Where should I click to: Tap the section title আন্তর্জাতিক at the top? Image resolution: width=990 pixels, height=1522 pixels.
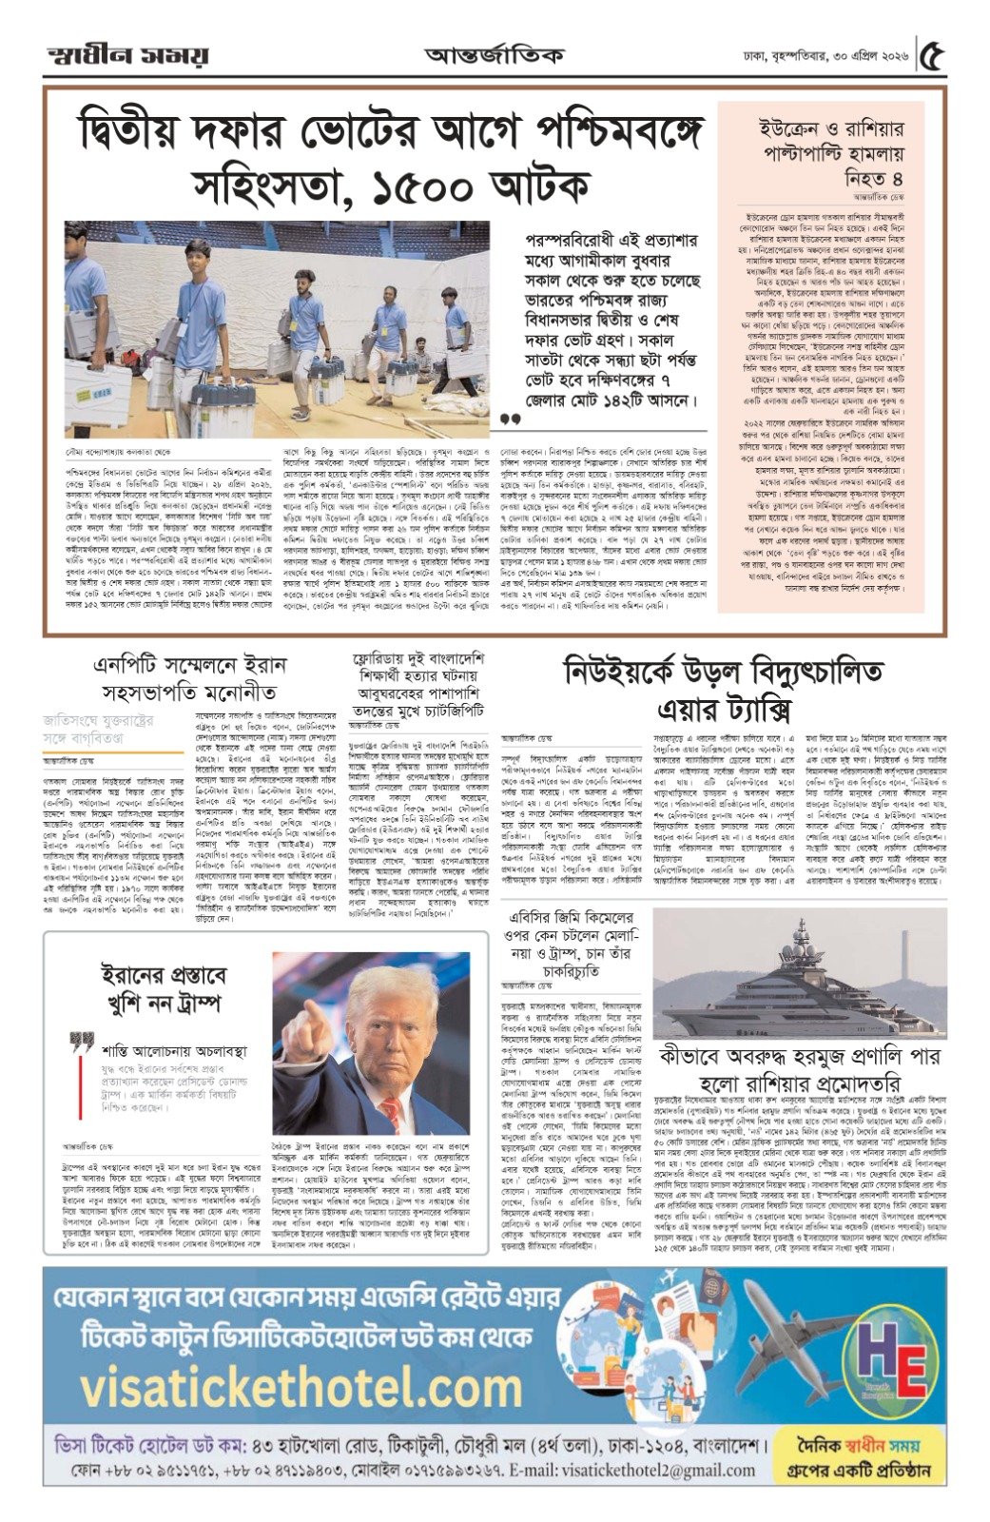(x=494, y=55)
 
